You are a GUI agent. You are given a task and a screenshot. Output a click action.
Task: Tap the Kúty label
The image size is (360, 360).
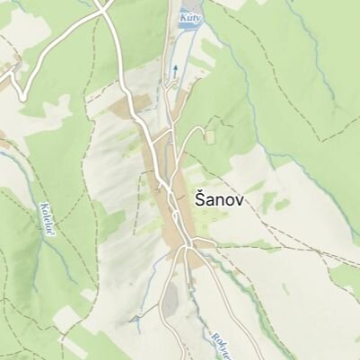click(x=189, y=17)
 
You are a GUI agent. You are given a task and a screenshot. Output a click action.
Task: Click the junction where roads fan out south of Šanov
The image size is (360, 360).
click(x=185, y=244)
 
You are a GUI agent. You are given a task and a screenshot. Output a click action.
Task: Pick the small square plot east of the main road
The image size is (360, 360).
click(x=210, y=136)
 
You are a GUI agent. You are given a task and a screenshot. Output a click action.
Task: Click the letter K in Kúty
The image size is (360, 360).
click(x=182, y=17)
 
